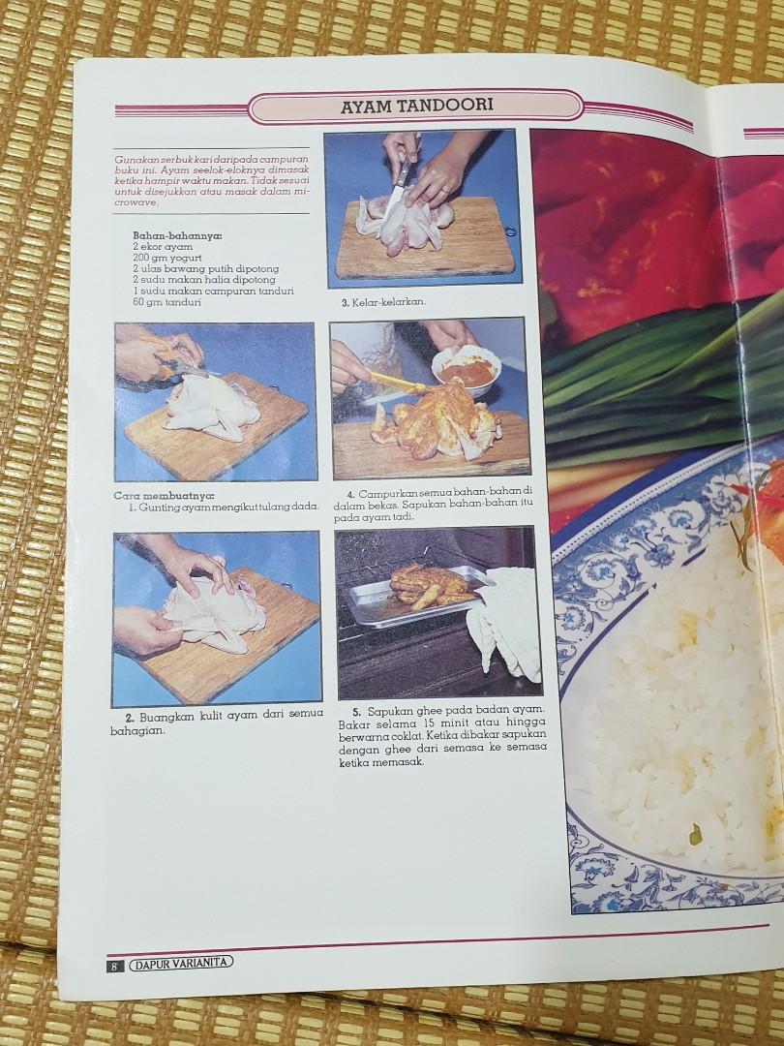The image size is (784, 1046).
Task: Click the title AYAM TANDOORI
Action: pyautogui.click(x=416, y=106)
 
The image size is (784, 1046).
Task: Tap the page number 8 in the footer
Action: pyautogui.click(x=114, y=966)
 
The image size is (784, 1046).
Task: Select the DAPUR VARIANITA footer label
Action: pyautogui.click(x=181, y=962)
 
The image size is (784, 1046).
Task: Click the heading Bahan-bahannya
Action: pyautogui.click(x=177, y=235)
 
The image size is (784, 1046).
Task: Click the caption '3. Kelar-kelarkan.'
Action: pyautogui.click(x=383, y=302)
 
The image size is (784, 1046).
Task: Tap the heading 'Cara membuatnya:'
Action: pyautogui.click(x=164, y=496)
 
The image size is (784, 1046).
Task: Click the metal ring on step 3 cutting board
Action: pyautogui.click(x=510, y=231)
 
